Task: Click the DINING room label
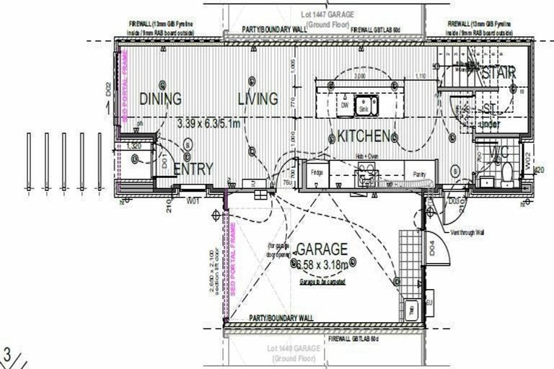[160, 99]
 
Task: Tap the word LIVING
[258, 98]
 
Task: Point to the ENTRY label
[193, 169]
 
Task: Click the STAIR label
[498, 73]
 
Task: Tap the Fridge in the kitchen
[317, 174]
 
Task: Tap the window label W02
[527, 159]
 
